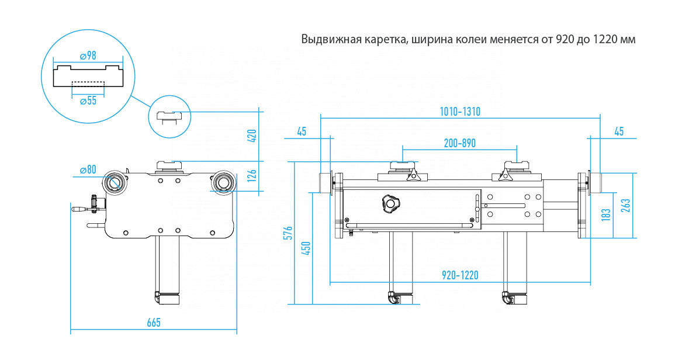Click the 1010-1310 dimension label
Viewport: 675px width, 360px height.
460,112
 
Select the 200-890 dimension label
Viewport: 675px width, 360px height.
460,143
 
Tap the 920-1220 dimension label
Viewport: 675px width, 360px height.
460,275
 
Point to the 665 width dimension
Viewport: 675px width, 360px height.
154,323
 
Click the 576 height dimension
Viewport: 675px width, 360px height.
289,233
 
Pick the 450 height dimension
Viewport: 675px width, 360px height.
306,248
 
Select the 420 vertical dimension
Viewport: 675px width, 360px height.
252,136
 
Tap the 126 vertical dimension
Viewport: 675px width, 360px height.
252,175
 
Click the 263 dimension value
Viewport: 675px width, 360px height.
626,205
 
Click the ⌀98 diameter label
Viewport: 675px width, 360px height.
88,56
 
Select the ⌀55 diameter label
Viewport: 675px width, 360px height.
88,101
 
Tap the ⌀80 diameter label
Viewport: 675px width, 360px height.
88,169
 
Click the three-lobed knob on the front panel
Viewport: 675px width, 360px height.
391,203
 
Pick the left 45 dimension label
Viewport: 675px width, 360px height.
302,131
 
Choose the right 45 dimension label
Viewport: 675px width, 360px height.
619,131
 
